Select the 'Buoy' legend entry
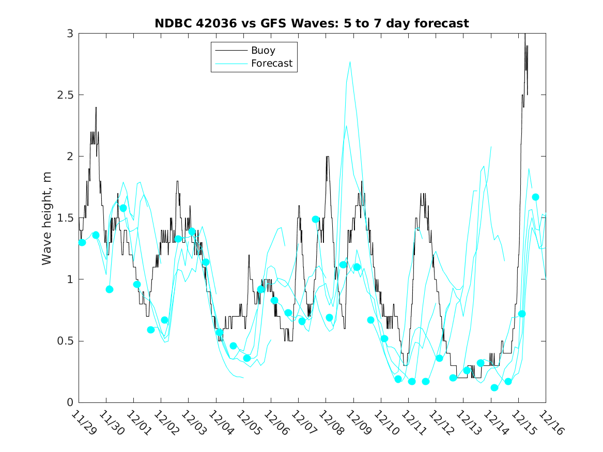(263, 51)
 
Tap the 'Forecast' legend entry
(271, 64)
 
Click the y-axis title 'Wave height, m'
(47, 218)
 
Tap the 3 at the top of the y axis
(69, 34)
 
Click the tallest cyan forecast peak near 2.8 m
(350, 62)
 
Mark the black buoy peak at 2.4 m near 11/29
(96, 107)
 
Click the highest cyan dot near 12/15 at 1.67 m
(535, 197)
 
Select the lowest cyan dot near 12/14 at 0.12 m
(494, 387)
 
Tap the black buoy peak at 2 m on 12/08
(327, 157)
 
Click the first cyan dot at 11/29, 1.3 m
(82, 242)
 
